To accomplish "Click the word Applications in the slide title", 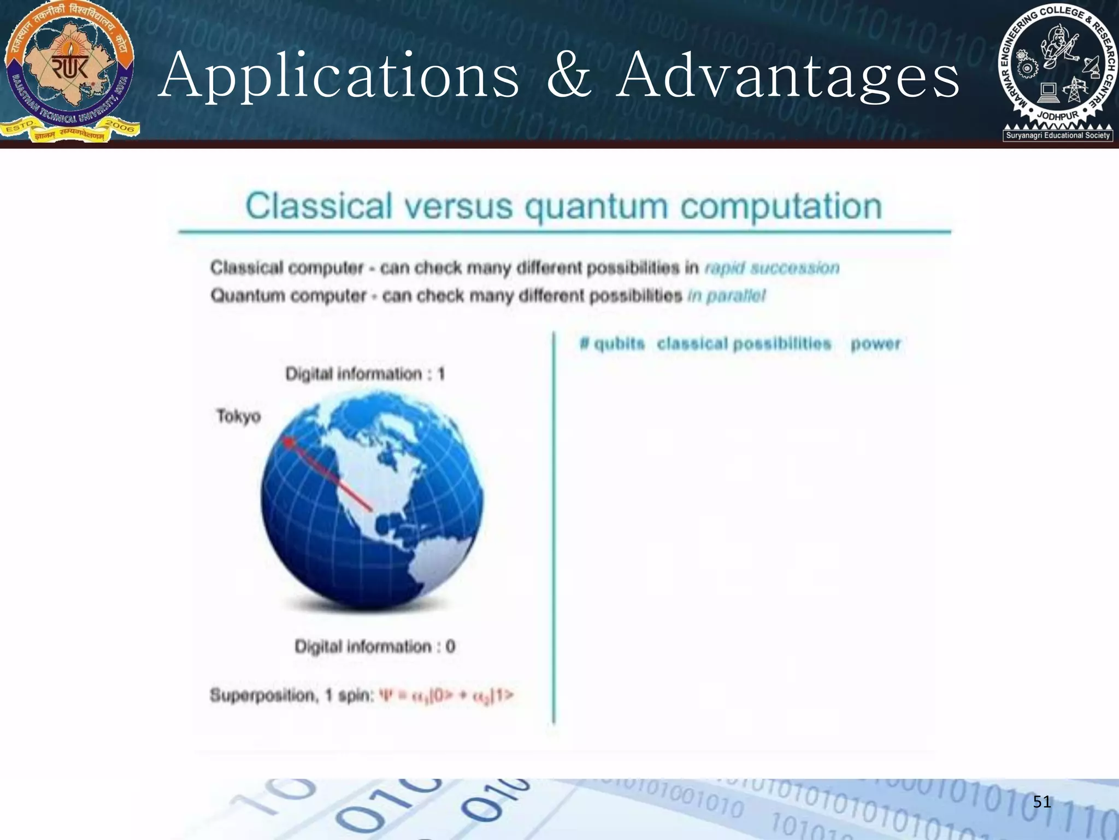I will [x=339, y=77].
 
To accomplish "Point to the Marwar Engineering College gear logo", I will [x=1057, y=66].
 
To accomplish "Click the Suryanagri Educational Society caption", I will [x=1058, y=135].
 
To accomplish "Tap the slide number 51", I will [x=1042, y=802].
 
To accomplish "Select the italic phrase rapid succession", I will [x=771, y=268].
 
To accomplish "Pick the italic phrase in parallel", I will [x=726, y=296].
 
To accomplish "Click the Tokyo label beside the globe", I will [x=238, y=416].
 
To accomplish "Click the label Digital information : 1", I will [x=365, y=374].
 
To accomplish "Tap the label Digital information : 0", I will [x=375, y=646].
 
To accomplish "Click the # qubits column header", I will [x=612, y=344].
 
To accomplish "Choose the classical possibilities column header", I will [x=744, y=344].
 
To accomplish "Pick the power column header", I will [x=875, y=344].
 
